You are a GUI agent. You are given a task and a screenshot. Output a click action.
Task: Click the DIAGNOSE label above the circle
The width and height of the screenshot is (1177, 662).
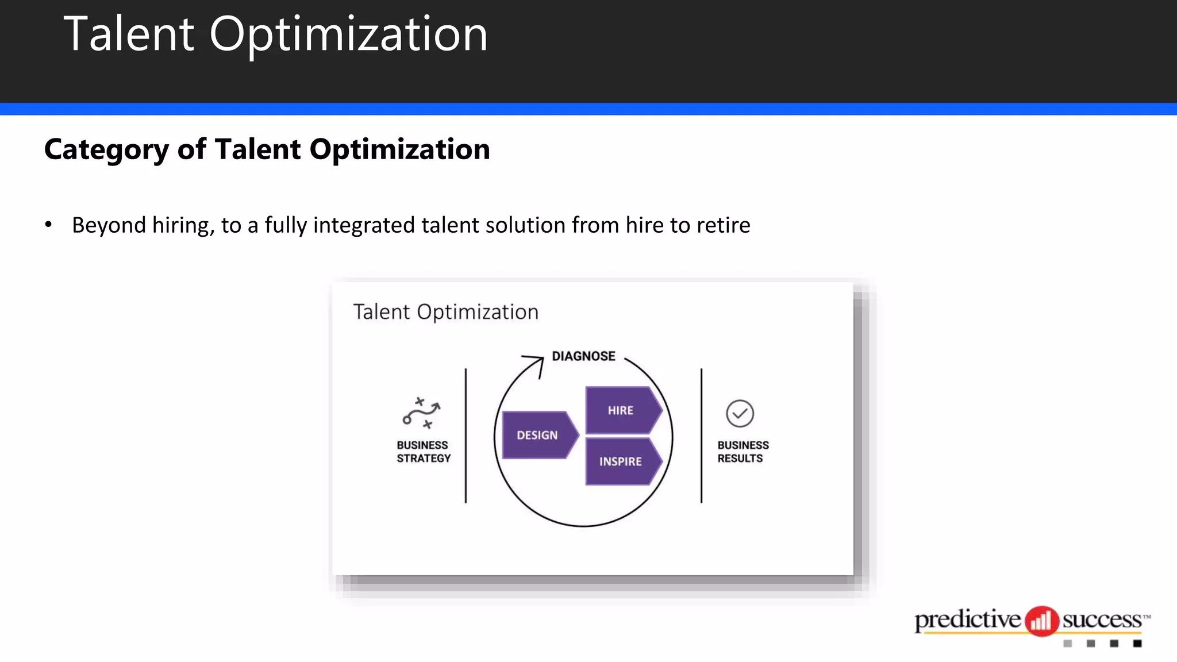click(x=583, y=356)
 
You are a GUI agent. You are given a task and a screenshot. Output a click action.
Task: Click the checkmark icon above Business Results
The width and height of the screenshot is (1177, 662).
click(x=740, y=414)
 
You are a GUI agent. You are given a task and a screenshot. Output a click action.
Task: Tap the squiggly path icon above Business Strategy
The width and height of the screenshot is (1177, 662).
click(x=421, y=413)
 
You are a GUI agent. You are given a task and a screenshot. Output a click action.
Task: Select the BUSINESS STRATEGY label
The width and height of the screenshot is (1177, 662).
click(x=424, y=452)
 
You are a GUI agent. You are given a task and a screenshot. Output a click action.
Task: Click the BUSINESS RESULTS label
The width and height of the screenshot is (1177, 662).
click(x=743, y=452)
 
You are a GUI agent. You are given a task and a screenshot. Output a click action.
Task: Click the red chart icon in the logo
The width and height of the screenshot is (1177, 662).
click(x=1041, y=621)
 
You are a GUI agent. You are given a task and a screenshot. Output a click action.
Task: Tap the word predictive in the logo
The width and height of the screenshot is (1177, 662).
click(x=967, y=620)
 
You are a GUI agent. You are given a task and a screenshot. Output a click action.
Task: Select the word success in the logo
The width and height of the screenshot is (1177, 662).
click(x=1102, y=620)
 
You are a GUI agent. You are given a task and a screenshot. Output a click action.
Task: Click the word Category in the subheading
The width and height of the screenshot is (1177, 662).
click(x=106, y=150)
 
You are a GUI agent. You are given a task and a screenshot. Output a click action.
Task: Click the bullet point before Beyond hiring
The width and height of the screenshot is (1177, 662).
click(x=48, y=225)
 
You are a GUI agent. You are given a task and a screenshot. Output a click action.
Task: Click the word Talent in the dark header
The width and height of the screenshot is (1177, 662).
click(x=129, y=34)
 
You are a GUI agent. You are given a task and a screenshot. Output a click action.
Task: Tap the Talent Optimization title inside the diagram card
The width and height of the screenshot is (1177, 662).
click(x=445, y=312)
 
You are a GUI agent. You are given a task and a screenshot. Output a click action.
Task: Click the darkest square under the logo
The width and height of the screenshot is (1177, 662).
click(x=1137, y=644)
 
